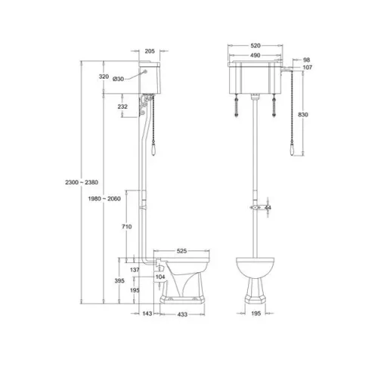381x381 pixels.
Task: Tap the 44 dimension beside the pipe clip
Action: coord(267,206)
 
